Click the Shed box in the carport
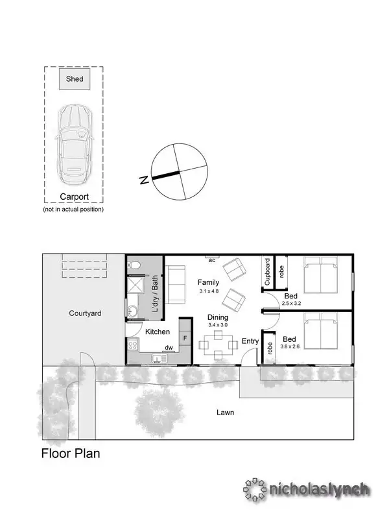74,79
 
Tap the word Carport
74,197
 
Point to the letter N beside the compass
145,180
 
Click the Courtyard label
85,313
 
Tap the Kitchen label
157,332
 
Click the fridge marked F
185,339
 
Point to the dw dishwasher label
168,348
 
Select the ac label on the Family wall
212,259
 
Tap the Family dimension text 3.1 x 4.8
209,291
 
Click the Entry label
250,341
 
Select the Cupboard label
267,272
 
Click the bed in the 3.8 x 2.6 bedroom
321,334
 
